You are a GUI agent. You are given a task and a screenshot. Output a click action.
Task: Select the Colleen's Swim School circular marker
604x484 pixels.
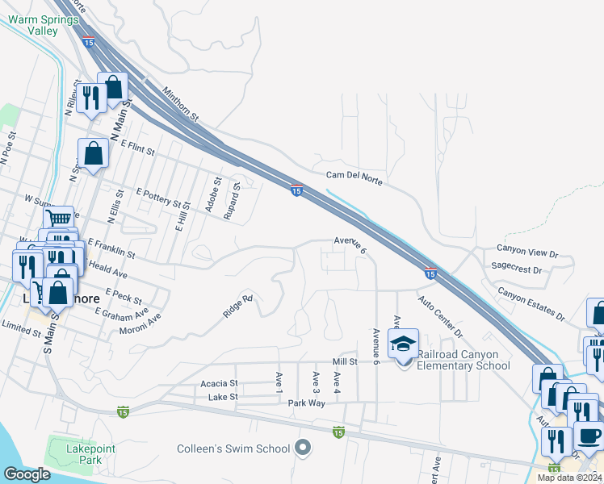[304, 447]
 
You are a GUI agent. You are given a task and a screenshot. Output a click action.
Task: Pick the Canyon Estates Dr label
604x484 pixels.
[531, 303]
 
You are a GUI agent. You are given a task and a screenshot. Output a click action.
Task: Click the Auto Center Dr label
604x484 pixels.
[440, 317]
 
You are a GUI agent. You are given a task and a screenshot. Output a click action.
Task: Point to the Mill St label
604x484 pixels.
[342, 362]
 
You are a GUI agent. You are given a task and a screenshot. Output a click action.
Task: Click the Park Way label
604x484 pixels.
[306, 402]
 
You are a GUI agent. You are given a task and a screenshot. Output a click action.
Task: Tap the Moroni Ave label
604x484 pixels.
[139, 322]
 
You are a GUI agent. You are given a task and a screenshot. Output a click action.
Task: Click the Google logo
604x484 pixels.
[27, 474]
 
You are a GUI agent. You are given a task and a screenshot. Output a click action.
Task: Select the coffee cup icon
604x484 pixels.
[588, 436]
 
